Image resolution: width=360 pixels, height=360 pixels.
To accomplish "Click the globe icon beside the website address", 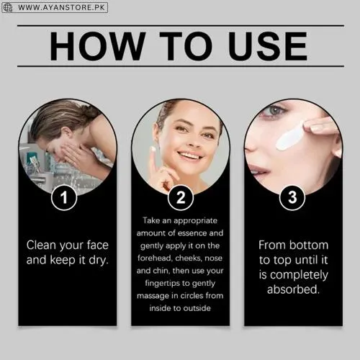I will tap(9, 8).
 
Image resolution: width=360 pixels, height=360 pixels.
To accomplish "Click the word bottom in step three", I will tap(310, 245).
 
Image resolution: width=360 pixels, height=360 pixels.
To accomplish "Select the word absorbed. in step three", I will tap(292, 289).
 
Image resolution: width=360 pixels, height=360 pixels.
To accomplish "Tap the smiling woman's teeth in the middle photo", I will tap(189, 155).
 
